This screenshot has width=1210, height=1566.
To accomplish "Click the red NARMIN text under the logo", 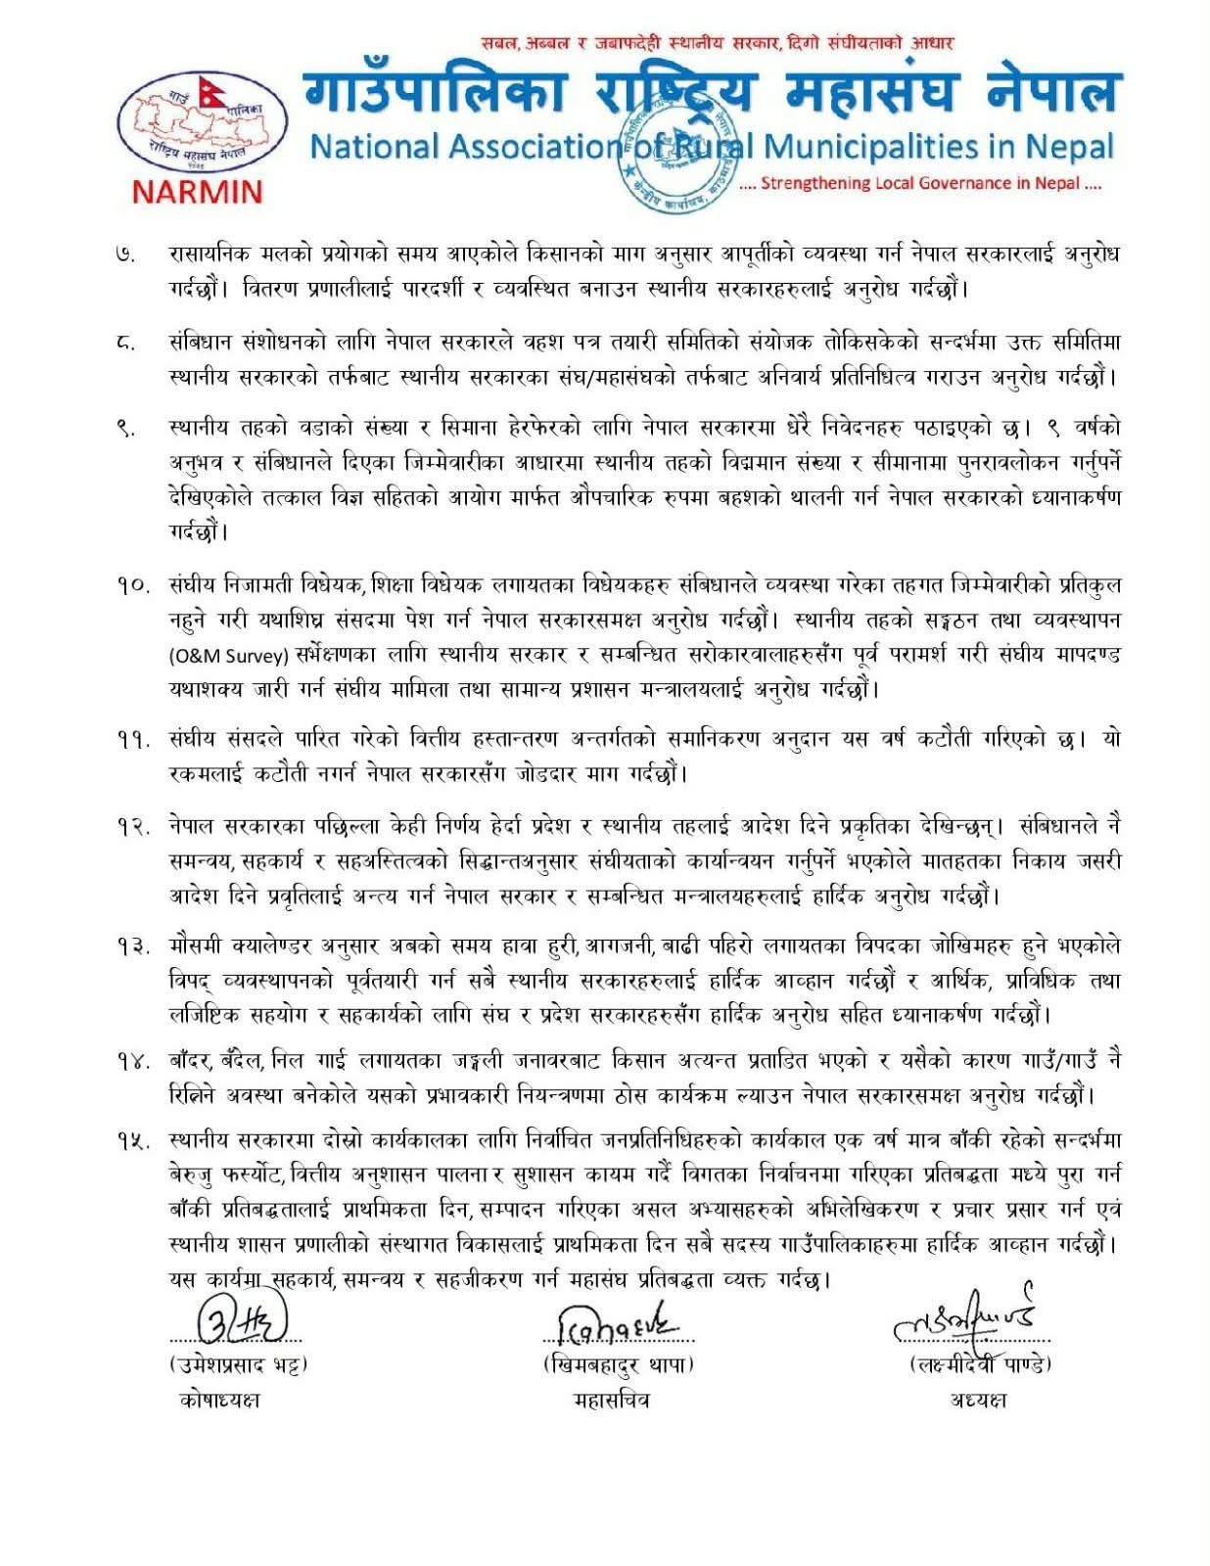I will [197, 190].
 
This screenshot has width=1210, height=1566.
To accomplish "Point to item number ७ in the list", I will [124, 255].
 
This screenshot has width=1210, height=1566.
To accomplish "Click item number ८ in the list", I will [124, 344].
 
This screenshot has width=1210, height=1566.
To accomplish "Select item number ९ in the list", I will [124, 428].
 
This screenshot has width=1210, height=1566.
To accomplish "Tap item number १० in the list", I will [131, 586].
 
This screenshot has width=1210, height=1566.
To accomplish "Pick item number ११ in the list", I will [131, 740].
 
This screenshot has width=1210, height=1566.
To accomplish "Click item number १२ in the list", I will [131, 827].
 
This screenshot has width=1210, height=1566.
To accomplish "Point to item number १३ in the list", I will [131, 946].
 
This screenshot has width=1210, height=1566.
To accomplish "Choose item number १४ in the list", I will [131, 1061].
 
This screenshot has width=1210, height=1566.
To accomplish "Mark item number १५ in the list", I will [131, 1141].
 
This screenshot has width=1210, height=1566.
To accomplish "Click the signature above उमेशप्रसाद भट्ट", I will [242, 1321].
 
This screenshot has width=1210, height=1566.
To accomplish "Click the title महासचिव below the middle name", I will [611, 1401].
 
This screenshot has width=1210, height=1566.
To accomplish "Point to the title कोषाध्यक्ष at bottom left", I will [220, 1401].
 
